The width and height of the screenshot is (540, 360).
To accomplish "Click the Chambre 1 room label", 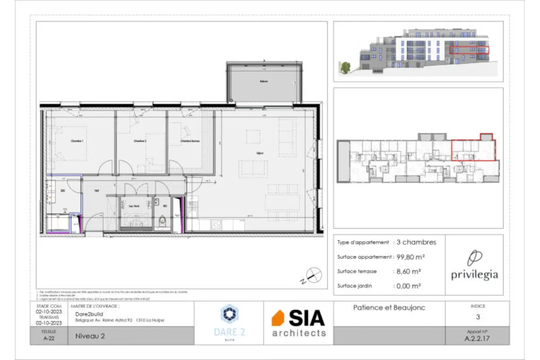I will point(78,141).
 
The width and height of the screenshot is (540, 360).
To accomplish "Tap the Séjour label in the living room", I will point(260,153).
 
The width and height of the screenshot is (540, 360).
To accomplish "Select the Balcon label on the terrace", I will point(263,81).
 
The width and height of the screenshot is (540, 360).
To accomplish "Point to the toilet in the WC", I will point(163,222).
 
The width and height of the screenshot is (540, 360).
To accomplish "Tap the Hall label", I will point(96,191).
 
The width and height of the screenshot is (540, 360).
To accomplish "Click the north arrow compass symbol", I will point(313,274).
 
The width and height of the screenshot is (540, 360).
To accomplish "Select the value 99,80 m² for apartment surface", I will point(410,257).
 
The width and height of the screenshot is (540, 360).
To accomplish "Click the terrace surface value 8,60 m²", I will point(409,271).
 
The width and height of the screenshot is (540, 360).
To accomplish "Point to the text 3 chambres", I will point(416,242).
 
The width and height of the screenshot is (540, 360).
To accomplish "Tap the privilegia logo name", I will point(474,275).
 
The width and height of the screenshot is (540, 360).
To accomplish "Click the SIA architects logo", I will point(298,323).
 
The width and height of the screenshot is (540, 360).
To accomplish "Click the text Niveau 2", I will point(90,336).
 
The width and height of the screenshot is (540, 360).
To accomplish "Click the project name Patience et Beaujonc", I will point(389,308).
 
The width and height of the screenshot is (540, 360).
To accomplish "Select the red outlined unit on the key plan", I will point(473,150).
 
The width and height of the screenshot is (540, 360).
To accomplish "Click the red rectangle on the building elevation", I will point(469,49).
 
